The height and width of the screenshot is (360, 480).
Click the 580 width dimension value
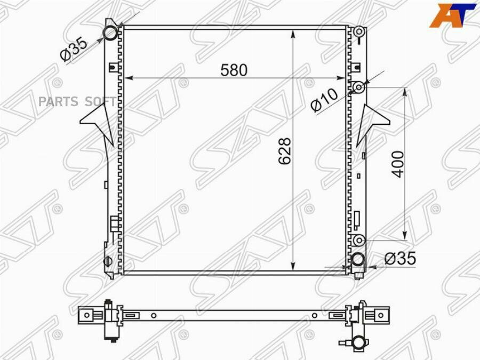coord(234,70)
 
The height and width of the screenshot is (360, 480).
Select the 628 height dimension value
coord(285,151)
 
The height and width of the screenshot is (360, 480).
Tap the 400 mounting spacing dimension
coord(398,164)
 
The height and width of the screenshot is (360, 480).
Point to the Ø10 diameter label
coord(324,100)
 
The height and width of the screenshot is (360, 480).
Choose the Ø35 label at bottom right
coord(401,258)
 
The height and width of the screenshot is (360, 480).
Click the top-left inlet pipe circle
coord(110,33)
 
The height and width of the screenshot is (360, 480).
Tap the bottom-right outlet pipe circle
coord(357,260)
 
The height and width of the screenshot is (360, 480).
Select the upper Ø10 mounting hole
coord(358,87)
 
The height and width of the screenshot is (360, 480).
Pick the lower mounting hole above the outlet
coord(358,241)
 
